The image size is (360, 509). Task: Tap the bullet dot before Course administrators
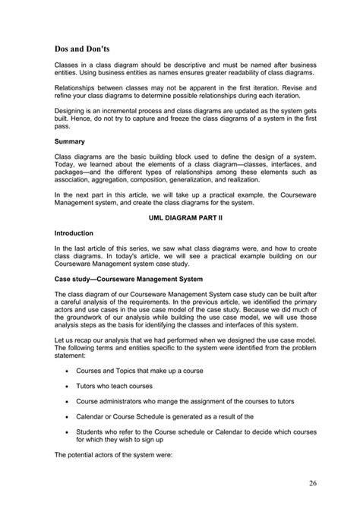(x=68, y=400)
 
